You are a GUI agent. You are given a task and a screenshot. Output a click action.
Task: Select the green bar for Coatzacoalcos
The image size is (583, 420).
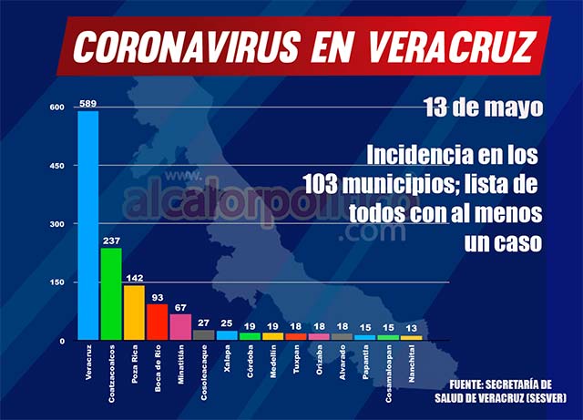111,293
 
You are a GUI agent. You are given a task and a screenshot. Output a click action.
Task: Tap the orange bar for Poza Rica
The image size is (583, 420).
134,312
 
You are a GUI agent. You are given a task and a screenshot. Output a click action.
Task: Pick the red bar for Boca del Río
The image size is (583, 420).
158,322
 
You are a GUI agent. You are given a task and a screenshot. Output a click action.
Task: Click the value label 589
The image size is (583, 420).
87,103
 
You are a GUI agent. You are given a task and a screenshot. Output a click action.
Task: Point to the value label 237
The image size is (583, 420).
111,241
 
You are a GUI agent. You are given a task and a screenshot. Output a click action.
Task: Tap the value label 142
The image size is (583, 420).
135,278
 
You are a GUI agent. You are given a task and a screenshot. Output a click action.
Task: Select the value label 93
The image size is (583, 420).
158,297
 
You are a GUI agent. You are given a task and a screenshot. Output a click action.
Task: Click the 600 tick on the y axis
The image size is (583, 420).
57,108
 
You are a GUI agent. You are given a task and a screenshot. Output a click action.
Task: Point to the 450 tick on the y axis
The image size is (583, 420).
57,166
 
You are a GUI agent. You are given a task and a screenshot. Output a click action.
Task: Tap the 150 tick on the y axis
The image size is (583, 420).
57,282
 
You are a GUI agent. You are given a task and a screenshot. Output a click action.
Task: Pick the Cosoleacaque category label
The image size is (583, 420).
204,370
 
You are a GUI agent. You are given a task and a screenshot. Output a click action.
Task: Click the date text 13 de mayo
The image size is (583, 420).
483,108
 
